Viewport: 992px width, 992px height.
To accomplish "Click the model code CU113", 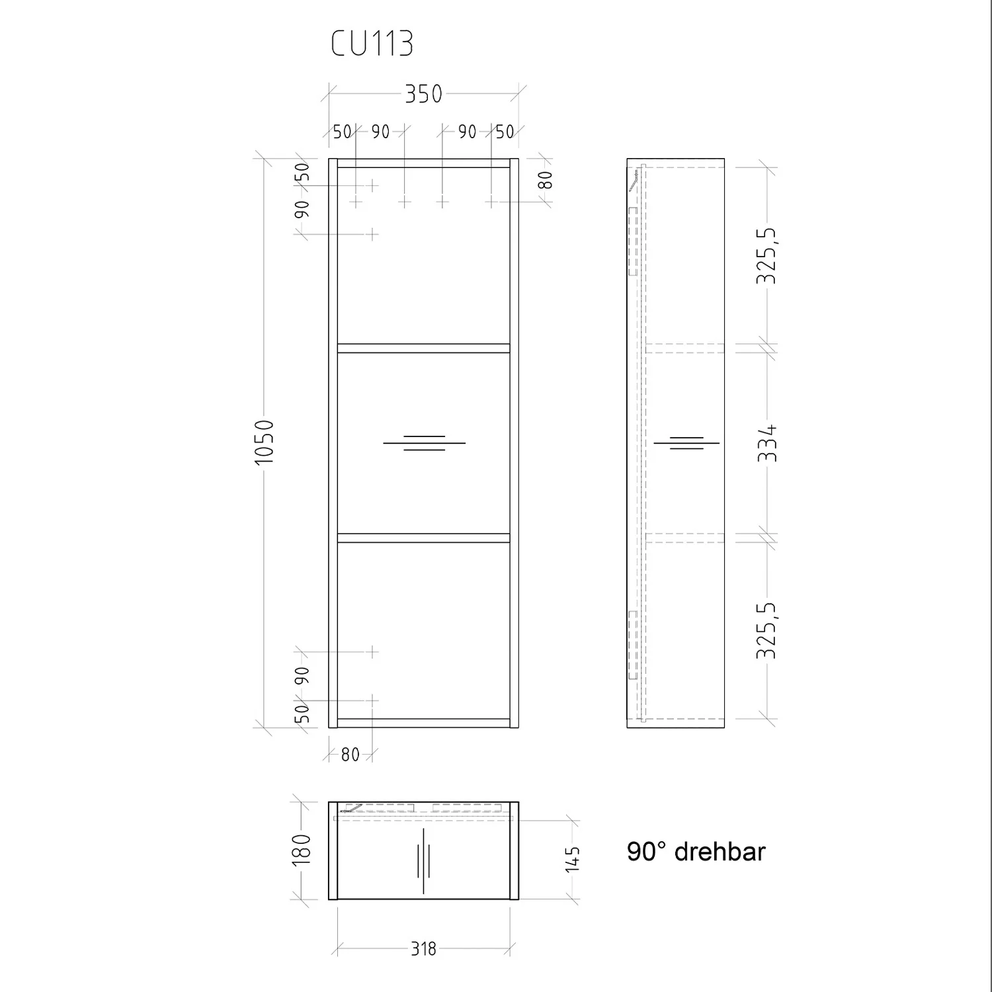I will pyautogui.click(x=372, y=44).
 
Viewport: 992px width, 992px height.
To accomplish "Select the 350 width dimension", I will pyautogui.click(x=423, y=95).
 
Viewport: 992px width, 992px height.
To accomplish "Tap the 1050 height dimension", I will pyautogui.click(x=264, y=442).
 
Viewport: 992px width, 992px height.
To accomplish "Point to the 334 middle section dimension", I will pyautogui.click(x=768, y=443).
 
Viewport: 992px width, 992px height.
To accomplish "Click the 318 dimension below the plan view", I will pyautogui.click(x=423, y=949).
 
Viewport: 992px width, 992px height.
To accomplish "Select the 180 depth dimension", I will pyautogui.click(x=302, y=849).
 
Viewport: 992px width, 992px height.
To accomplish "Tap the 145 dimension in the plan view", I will pyautogui.click(x=573, y=860).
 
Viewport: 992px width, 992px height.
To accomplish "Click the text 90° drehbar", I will pyautogui.click(x=696, y=852).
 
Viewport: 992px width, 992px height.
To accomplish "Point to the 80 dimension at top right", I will pyautogui.click(x=546, y=180).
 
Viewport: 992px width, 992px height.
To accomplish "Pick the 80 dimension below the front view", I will pyautogui.click(x=350, y=754).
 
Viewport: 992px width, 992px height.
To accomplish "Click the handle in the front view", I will pyautogui.click(x=424, y=443).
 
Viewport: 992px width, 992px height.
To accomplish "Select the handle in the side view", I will pyautogui.click(x=686, y=443).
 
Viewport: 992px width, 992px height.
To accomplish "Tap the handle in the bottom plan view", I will pyautogui.click(x=423, y=860).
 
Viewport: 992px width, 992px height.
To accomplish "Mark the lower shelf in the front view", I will pyautogui.click(x=423, y=538).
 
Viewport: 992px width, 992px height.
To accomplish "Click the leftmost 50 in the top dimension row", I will pyautogui.click(x=342, y=132).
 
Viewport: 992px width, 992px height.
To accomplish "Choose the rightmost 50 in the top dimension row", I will pyautogui.click(x=505, y=132).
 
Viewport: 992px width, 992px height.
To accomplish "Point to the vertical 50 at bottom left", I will pyautogui.click(x=302, y=714).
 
